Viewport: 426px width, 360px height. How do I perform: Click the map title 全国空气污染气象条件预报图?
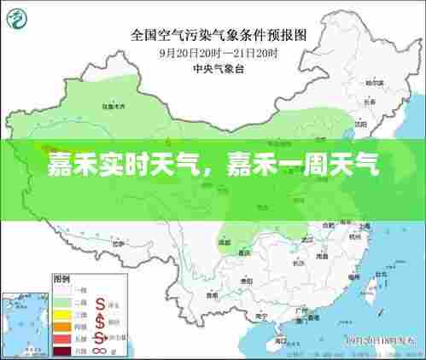coord(219,35)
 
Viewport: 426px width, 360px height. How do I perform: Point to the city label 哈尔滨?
coord(373,84)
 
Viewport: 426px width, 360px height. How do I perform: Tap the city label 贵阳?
coord(248,280)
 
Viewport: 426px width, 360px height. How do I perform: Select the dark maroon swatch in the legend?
coord(62,350)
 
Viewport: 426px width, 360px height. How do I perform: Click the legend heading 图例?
coord(61,278)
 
